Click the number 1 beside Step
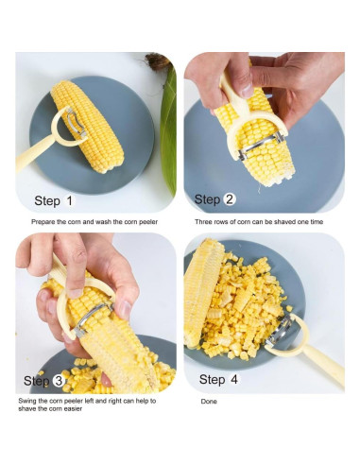click(69, 200)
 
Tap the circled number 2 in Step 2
click(230, 199)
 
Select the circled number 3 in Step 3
click(59, 381)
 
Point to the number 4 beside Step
click(234, 379)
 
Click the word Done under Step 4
click(209, 402)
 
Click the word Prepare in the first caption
click(43, 222)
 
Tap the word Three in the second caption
click(203, 222)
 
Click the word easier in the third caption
click(73, 408)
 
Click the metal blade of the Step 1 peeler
click(77, 122)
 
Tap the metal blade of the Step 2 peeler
click(261, 145)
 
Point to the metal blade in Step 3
click(93, 319)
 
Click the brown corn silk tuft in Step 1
click(157, 61)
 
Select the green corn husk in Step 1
click(168, 126)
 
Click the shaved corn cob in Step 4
click(201, 291)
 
